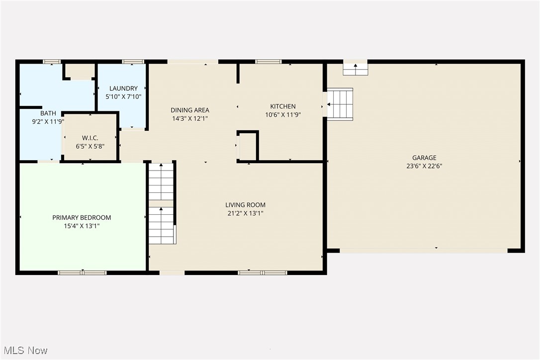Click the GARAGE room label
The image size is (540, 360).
424,158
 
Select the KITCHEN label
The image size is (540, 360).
283,106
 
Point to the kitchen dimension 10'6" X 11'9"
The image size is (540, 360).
283,114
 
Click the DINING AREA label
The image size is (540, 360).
190,110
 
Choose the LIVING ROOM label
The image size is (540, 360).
245,205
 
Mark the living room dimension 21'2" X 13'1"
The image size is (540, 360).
245,213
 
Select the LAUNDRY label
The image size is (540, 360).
123,89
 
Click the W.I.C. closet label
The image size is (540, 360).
90,138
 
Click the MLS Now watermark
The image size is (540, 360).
24,351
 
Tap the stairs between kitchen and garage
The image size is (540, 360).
340,104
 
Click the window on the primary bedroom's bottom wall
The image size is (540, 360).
83,272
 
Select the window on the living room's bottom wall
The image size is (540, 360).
262,272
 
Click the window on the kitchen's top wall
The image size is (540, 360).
268,62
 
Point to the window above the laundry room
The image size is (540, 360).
133,62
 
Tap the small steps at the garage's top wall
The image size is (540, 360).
356,69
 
